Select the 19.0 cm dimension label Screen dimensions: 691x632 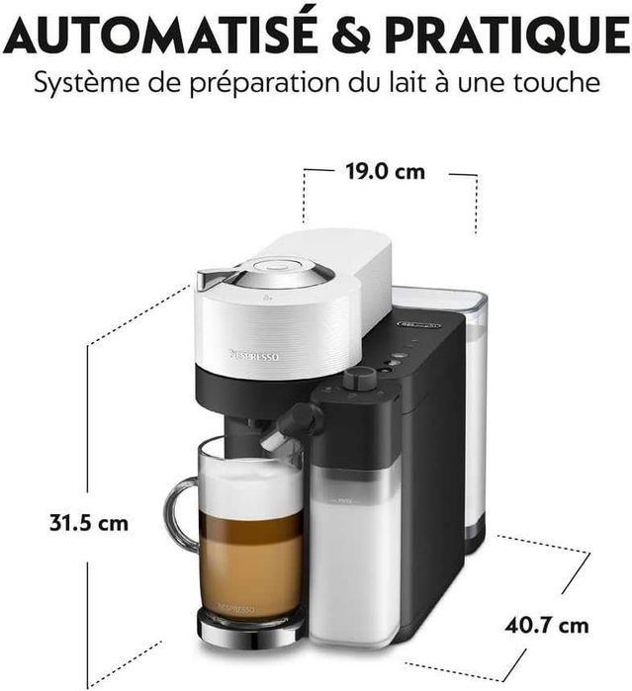tap(385, 171)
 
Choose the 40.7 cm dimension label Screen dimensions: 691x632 tap(545, 625)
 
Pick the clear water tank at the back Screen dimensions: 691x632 tap(473, 415)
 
